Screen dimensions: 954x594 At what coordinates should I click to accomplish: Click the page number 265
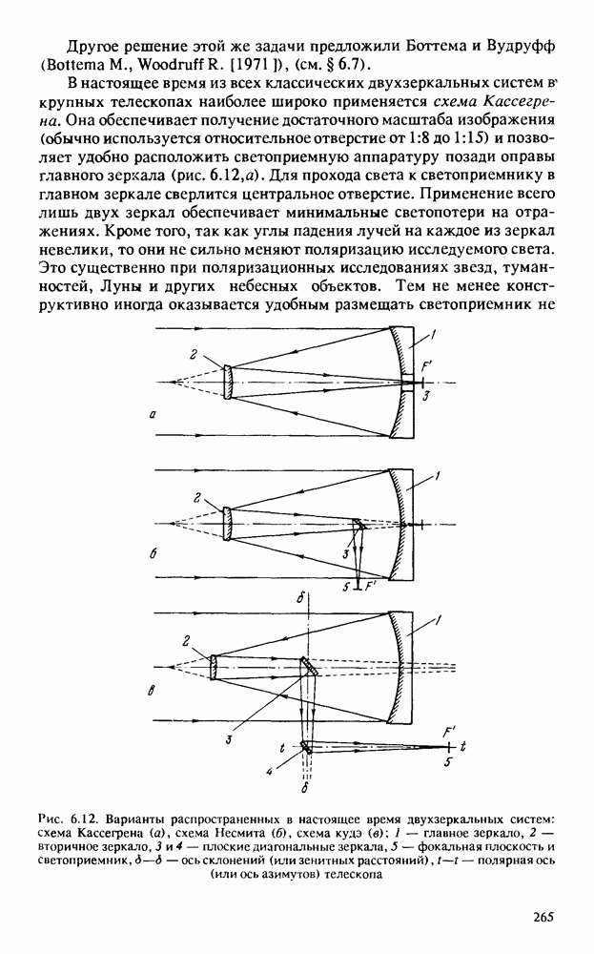coord(543,918)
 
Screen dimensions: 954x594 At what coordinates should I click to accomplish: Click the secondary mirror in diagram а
coord(228,378)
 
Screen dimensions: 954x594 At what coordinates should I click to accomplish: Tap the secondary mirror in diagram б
coord(228,523)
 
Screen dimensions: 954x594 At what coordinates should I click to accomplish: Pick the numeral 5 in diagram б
coord(346,586)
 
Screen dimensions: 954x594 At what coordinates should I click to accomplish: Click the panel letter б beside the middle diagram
coord(154,550)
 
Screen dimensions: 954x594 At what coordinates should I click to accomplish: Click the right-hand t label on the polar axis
coord(463,744)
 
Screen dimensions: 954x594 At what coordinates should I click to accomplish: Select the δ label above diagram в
coord(300,598)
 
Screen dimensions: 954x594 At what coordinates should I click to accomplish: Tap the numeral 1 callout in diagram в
coord(438,621)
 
